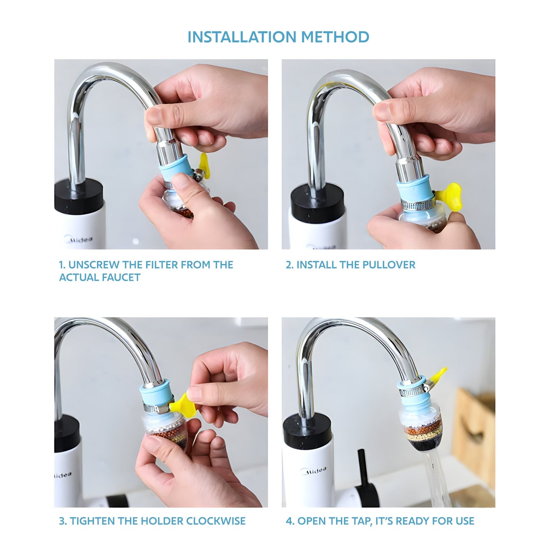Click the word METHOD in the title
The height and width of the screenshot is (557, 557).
tap(335, 37)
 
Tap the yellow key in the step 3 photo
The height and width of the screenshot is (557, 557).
tap(183, 403)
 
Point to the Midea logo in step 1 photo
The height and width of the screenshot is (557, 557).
tap(81, 239)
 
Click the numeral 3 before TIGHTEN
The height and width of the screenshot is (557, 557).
tap(62, 521)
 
